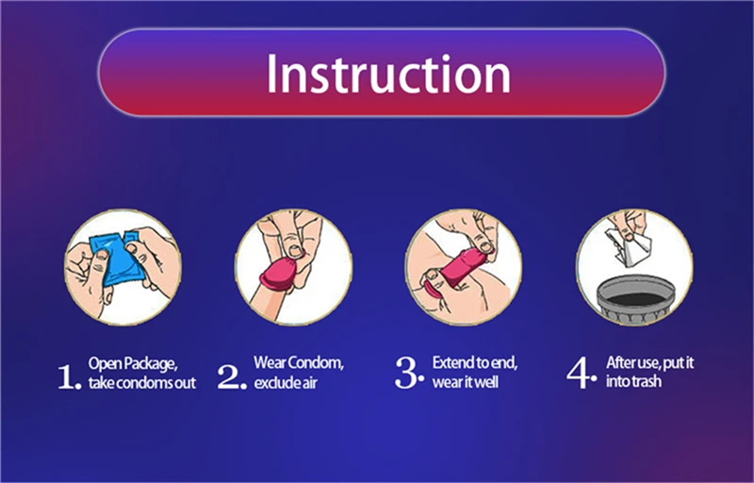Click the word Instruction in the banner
388,74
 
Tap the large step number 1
68,376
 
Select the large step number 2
231,376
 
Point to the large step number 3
409,373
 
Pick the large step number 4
581,373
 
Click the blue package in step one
118,258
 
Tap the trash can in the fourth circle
635,298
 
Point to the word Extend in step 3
452,362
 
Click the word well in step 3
484,382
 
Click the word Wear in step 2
270,362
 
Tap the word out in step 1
185,384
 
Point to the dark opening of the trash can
635,299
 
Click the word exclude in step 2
275,383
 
